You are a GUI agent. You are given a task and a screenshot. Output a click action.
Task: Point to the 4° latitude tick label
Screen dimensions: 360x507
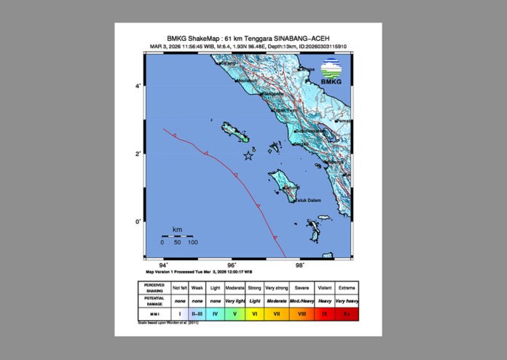[x=138, y=87]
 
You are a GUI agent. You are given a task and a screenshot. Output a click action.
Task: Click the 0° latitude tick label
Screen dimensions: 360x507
[x=138, y=222]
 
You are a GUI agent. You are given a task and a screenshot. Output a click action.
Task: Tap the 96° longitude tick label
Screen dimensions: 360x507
[x=232, y=265]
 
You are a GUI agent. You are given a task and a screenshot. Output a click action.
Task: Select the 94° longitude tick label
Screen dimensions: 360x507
[x=164, y=265]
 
